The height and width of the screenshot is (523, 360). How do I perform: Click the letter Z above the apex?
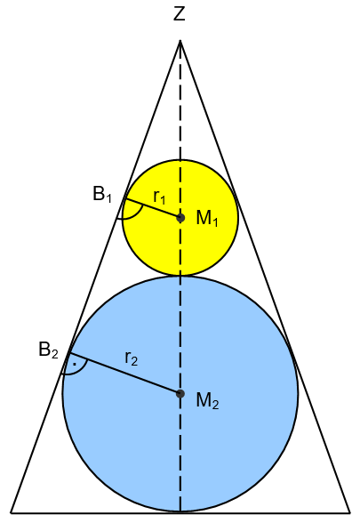(x=180, y=14)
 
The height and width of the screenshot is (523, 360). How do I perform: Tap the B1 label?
(x=102, y=194)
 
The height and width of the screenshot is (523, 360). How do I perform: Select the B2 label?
(x=48, y=350)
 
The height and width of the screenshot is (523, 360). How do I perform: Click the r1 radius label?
(x=159, y=197)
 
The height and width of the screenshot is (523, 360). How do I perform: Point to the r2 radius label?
(x=132, y=358)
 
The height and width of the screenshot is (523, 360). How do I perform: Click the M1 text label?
(x=207, y=219)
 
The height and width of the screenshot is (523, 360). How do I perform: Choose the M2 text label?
(x=207, y=400)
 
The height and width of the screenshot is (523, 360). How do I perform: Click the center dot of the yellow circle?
(x=180, y=218)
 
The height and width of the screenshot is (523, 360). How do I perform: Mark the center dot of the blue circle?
(x=180, y=393)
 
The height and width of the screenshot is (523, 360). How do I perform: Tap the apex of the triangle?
(x=180, y=40)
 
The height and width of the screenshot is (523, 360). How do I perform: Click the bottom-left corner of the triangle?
(x=11, y=512)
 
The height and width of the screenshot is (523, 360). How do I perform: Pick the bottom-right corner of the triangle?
(x=350, y=512)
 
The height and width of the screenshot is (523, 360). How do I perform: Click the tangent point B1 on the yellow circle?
(x=125, y=198)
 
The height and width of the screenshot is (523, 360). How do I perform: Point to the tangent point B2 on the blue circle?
(x=69, y=353)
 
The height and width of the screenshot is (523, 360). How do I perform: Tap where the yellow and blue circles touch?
(x=180, y=276)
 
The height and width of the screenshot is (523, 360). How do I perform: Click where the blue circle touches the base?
(x=180, y=511)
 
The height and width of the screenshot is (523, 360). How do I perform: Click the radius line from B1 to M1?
(x=153, y=208)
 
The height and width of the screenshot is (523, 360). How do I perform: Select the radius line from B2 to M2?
(x=124, y=374)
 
